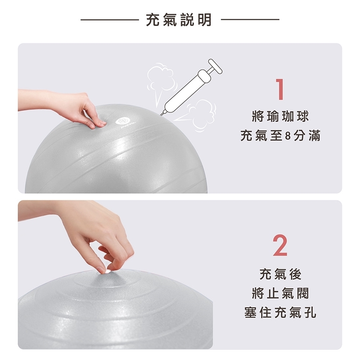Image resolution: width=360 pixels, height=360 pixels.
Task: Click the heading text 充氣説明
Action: (x=179, y=20)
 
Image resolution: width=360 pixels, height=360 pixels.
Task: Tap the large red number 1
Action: (x=280, y=89)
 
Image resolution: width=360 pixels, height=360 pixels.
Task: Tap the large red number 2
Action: (x=280, y=246)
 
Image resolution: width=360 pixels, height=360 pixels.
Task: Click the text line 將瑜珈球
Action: (x=280, y=116)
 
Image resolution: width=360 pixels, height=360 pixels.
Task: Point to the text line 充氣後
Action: (x=280, y=274)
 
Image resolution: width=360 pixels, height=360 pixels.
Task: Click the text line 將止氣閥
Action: (x=280, y=294)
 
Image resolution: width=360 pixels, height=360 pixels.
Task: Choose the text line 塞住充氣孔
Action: (x=280, y=313)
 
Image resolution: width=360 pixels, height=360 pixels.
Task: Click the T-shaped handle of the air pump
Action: (x=215, y=66)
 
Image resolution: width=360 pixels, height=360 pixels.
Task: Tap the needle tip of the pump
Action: (x=161, y=115)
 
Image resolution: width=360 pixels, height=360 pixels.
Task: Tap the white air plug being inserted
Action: (x=108, y=272)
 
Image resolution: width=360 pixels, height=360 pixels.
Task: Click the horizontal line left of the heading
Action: (x=110, y=20)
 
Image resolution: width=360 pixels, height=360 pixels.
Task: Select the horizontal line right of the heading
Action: (x=250, y=20)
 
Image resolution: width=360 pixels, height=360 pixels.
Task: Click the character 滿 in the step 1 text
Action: (x=314, y=136)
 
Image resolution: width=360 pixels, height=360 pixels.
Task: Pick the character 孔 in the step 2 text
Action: (x=310, y=313)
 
